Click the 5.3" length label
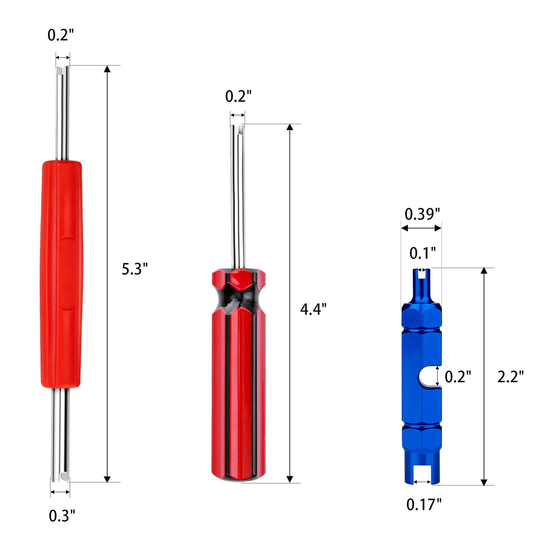click(135, 269)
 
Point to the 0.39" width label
click(422, 214)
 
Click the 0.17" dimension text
click(424, 505)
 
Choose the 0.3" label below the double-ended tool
click(62, 516)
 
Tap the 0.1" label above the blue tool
click(422, 253)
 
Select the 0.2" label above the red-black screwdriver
click(238, 96)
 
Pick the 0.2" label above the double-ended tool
click(61, 35)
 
